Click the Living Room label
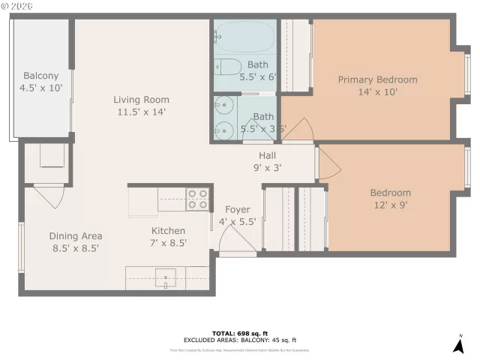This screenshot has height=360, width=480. click(x=141, y=100)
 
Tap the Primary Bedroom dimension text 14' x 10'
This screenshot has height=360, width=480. click(x=377, y=92)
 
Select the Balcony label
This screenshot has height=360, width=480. click(x=41, y=76)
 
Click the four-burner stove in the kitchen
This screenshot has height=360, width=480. click(x=197, y=198)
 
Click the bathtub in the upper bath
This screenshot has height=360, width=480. click(x=244, y=34)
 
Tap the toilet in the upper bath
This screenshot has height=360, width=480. click(x=228, y=65)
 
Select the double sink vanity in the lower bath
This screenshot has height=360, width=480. click(x=223, y=117)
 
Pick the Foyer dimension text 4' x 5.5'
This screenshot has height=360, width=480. click(x=238, y=222)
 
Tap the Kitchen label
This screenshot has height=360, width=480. click(x=169, y=231)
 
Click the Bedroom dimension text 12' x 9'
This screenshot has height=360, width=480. click(x=390, y=205)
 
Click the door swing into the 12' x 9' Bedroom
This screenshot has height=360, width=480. click(x=326, y=163)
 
